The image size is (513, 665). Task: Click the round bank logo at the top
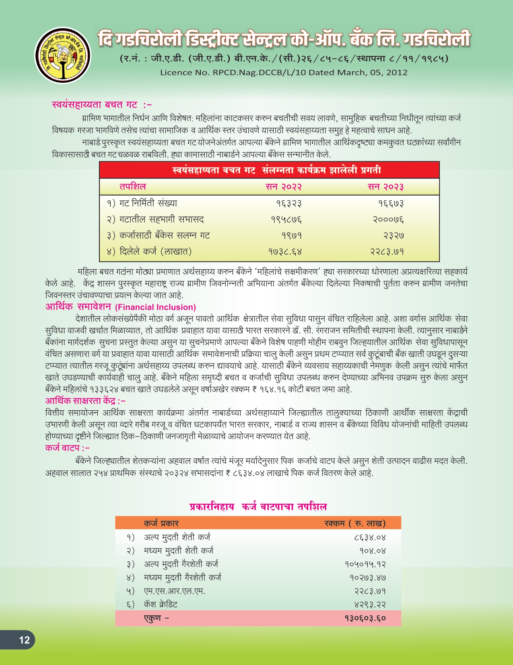point(62,55)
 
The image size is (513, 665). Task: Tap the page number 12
point(24,640)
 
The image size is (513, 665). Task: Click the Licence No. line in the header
point(284,73)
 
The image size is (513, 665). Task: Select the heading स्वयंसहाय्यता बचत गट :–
point(102,105)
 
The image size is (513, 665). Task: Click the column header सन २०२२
point(284,187)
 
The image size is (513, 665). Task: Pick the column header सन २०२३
point(385,187)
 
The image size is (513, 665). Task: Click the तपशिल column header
point(132,187)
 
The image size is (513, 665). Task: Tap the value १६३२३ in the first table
point(289,204)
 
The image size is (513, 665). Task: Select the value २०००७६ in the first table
point(388,220)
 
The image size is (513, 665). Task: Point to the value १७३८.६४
point(285,252)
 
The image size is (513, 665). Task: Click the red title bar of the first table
point(269,170)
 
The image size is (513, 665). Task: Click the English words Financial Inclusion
point(155,307)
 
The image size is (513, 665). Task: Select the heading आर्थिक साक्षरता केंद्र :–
point(85,401)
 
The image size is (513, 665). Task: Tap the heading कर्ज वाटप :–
point(67,448)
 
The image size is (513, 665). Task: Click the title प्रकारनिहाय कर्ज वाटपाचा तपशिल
point(258,507)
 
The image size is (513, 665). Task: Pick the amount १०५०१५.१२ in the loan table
point(365,564)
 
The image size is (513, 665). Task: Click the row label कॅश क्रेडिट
point(161,604)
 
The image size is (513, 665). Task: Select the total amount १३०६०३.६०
point(365,618)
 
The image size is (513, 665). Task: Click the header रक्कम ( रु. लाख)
point(355,523)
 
